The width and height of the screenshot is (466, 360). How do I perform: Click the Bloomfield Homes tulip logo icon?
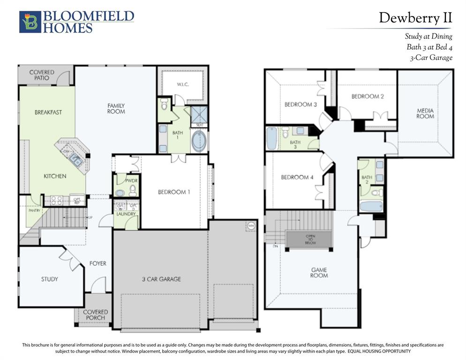coord(30,22)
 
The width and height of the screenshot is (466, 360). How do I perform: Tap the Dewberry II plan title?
coord(415,18)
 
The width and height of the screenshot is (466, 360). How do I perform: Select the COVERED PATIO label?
coord(42,75)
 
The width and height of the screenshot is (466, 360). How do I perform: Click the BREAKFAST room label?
coord(48,112)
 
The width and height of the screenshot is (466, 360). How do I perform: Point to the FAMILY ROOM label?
coord(116,109)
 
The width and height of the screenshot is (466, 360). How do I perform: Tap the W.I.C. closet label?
coord(182,85)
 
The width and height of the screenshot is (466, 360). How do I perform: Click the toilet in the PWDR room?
coord(133,190)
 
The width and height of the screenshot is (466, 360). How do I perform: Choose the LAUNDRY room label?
coord(126,214)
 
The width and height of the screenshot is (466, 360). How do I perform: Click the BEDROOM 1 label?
coord(173,192)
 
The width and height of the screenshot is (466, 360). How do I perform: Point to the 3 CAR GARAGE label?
coord(161,279)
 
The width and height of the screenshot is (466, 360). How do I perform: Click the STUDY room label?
coord(49,279)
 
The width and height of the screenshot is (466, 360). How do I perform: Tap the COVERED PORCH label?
coord(95,315)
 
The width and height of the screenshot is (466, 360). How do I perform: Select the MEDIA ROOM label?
coord(425,113)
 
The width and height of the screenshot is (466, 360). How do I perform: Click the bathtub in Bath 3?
coord(272,138)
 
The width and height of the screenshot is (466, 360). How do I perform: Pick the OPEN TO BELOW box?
coord(310,239)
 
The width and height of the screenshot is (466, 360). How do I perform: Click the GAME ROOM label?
coord(319,273)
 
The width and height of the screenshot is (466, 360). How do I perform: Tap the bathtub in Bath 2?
coord(372,206)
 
